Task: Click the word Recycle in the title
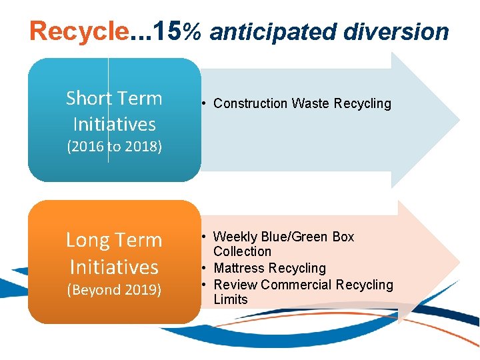(x=79, y=31)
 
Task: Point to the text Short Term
(x=114, y=99)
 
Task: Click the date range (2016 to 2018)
(x=114, y=147)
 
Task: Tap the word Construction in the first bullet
(x=251, y=103)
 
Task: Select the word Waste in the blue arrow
(x=311, y=103)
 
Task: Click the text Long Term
(x=114, y=240)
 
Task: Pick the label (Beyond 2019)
(x=114, y=290)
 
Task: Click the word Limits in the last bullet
(x=231, y=299)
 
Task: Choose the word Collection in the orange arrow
(x=243, y=251)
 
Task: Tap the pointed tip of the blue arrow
(x=458, y=120)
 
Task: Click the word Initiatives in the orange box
(x=114, y=267)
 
